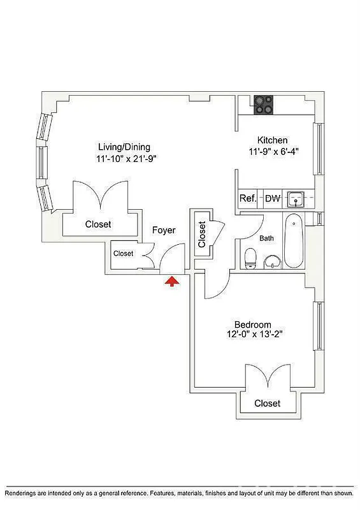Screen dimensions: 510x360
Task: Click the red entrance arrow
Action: pyautogui.click(x=171, y=281)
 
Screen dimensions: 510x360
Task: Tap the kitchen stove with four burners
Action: pyautogui.click(x=264, y=104)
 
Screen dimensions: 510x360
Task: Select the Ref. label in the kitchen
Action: pyautogui.click(x=248, y=198)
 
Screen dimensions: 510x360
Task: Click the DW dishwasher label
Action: pyautogui.click(x=272, y=198)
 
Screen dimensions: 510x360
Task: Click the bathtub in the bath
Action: pyautogui.click(x=294, y=242)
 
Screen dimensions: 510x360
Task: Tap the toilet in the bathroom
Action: pyautogui.click(x=250, y=258)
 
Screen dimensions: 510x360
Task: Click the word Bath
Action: pyautogui.click(x=267, y=238)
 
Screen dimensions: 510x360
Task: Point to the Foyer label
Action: pyautogui.click(x=164, y=230)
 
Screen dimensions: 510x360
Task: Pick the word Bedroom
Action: pyautogui.click(x=252, y=324)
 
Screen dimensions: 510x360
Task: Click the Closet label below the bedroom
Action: pyautogui.click(x=267, y=404)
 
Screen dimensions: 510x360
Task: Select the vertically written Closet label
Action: pyautogui.click(x=203, y=234)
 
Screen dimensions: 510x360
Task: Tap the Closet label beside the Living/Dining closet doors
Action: pyautogui.click(x=98, y=224)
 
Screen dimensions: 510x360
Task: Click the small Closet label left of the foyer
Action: pyautogui.click(x=124, y=254)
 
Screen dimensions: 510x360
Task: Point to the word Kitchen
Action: pyautogui.click(x=273, y=140)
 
